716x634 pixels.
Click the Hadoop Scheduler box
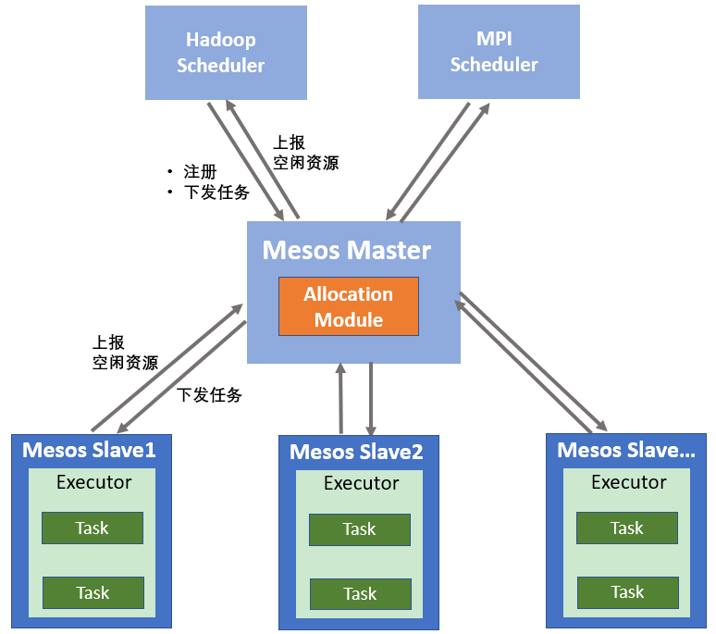226,53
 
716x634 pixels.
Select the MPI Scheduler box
499,52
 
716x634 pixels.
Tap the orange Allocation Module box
349,306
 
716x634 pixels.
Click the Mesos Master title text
347,250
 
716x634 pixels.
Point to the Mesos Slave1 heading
89,451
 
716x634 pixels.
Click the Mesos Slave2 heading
356,453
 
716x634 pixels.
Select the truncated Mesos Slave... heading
626,451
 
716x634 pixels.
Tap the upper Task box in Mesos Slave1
93,528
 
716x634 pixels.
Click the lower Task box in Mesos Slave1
93,593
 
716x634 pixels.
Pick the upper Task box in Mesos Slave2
359,529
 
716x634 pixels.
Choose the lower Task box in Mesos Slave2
359,594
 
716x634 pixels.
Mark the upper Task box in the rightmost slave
626,528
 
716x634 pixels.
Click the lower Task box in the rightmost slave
626,592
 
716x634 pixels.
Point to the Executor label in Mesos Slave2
361,484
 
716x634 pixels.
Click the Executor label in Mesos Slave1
93,482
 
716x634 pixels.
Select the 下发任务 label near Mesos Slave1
209,395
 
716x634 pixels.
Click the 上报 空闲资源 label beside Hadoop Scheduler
304,153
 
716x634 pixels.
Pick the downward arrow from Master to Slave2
371,399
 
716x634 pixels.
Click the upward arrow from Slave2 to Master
341,399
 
